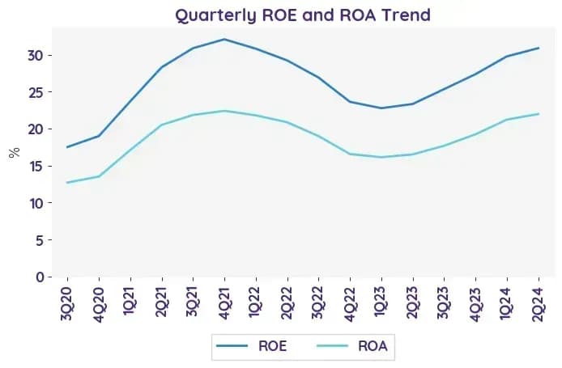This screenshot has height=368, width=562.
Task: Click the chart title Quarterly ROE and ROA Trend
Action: [303, 15]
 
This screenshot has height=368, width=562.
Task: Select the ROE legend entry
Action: [252, 346]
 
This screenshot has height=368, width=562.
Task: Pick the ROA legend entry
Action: [352, 346]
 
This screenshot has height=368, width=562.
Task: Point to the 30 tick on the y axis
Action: [36, 56]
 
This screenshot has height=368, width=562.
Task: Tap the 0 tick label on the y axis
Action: [40, 277]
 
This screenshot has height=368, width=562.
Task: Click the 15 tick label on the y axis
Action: [36, 167]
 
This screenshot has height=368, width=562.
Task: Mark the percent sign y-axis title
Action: [15, 153]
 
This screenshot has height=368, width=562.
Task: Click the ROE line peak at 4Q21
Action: [224, 39]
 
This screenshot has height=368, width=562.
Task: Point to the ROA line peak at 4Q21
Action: [224, 111]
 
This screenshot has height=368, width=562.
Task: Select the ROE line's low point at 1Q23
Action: [381, 108]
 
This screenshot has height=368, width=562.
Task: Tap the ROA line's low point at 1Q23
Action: [381, 157]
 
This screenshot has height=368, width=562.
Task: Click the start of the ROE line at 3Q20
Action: [67, 147]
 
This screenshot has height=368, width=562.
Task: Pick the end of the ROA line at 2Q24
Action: [539, 114]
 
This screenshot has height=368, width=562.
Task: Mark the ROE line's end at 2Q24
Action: [539, 48]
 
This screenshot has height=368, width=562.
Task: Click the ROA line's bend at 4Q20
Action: [99, 176]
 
